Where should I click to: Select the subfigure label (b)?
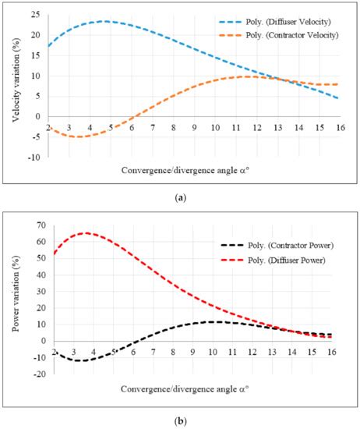(x=180, y=420)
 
